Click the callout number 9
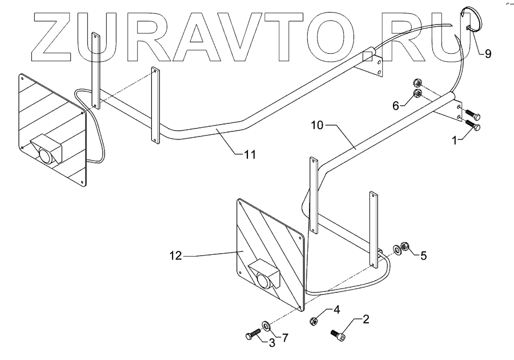point(488,54)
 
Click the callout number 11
point(250,154)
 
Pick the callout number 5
point(423,255)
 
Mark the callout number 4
point(336,310)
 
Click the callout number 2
point(366,319)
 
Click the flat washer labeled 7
point(266,327)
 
